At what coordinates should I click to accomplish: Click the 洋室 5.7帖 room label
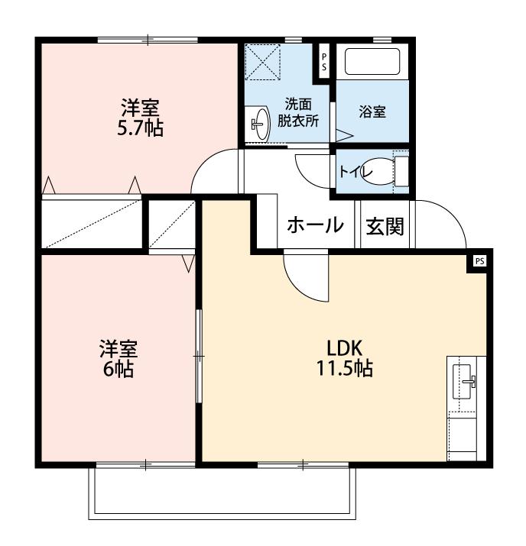tap(139, 117)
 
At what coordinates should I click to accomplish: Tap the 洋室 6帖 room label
tap(117, 359)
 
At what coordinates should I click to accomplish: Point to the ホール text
tap(314, 226)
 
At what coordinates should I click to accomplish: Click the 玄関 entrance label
tap(384, 226)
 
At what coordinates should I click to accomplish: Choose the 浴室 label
tap(372, 111)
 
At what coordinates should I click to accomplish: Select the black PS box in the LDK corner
tap(479, 260)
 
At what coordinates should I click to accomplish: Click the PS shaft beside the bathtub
tap(324, 60)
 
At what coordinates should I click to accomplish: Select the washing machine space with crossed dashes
tap(264, 63)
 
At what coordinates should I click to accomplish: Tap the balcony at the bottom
tap(222, 493)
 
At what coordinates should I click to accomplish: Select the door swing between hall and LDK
tap(306, 275)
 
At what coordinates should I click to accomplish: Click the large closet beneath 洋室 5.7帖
tap(92, 223)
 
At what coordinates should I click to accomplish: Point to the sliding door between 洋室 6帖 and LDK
tap(198, 356)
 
